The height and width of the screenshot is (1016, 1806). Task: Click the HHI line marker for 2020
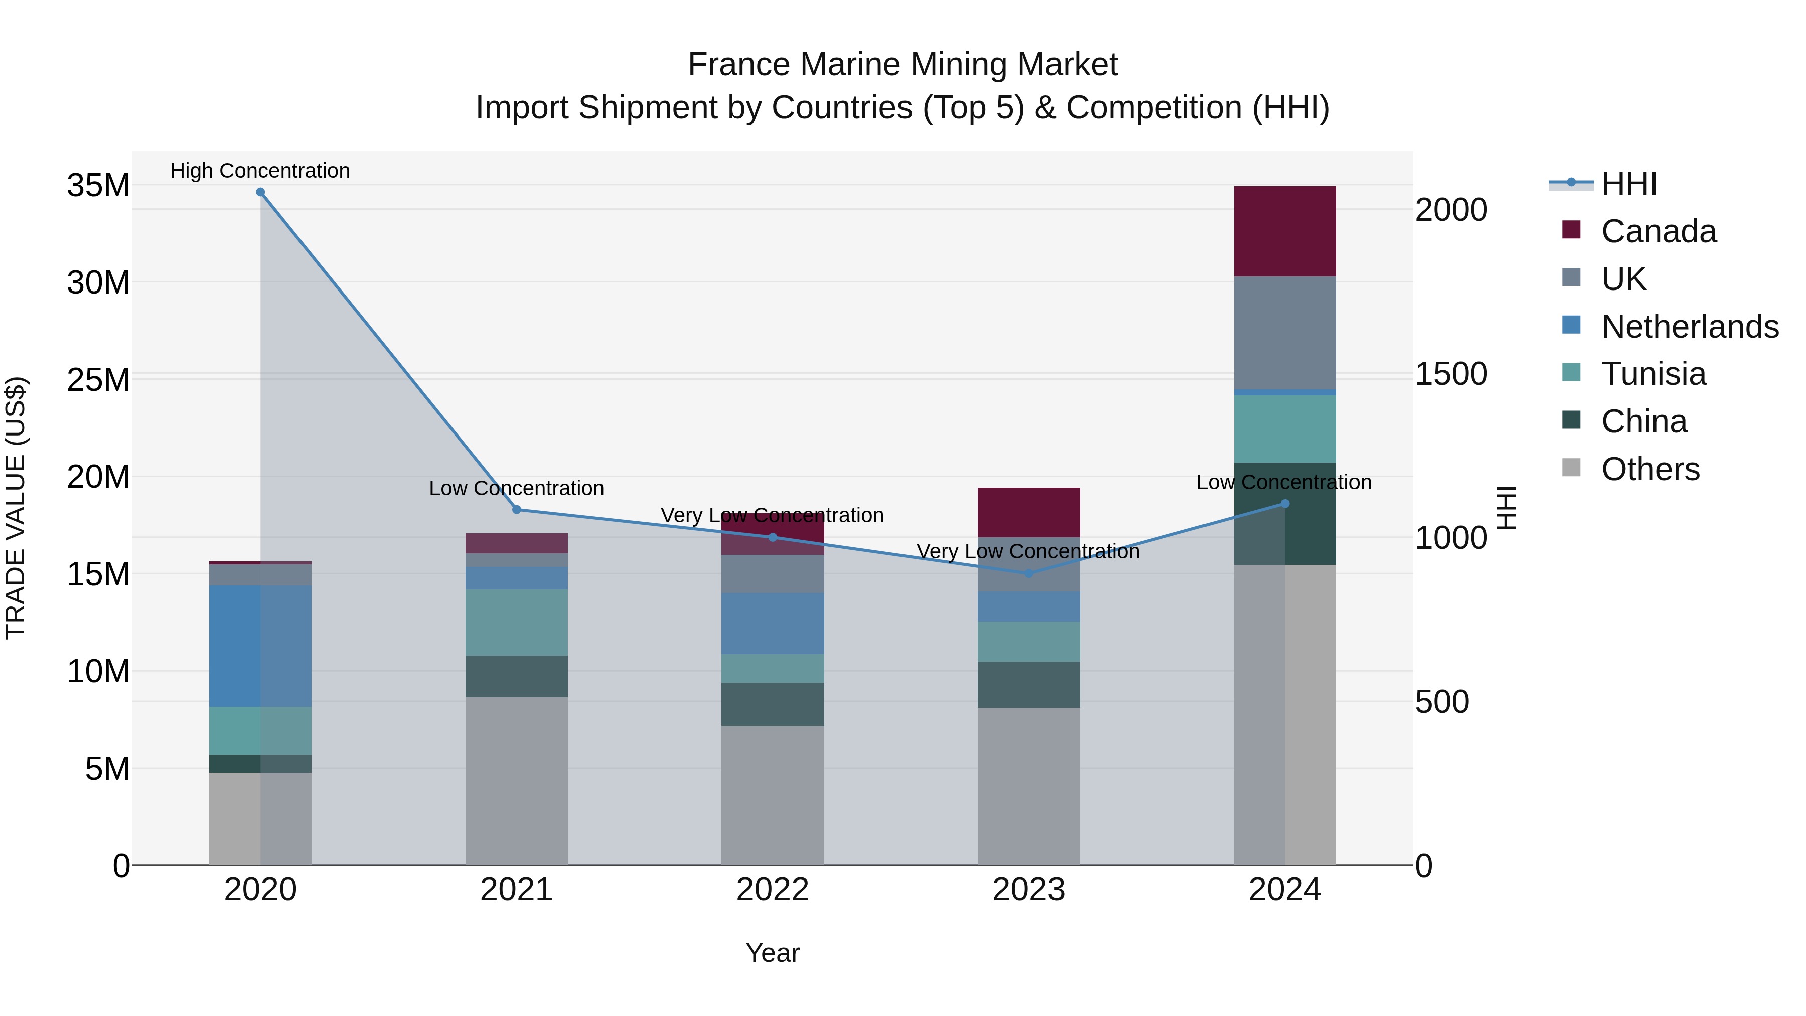coord(260,192)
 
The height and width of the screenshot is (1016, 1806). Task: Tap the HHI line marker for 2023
coord(1028,573)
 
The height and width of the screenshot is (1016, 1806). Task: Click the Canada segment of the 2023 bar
coord(1028,512)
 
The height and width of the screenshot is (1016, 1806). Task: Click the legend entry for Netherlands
coord(1689,327)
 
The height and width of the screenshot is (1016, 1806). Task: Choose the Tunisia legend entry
coord(1653,374)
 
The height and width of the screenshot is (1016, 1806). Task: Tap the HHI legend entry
coord(1628,184)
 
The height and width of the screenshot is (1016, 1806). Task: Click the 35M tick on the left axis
coord(98,186)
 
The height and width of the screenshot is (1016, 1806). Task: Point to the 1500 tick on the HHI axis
coord(1450,374)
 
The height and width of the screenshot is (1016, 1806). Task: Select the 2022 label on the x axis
coord(772,890)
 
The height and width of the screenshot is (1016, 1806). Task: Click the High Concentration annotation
coord(260,171)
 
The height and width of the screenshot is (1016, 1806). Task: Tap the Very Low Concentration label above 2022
coord(772,515)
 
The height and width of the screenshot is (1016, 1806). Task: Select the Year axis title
coord(772,953)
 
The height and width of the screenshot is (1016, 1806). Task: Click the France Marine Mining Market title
coord(902,65)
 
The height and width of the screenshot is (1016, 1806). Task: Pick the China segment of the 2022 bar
coord(772,704)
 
